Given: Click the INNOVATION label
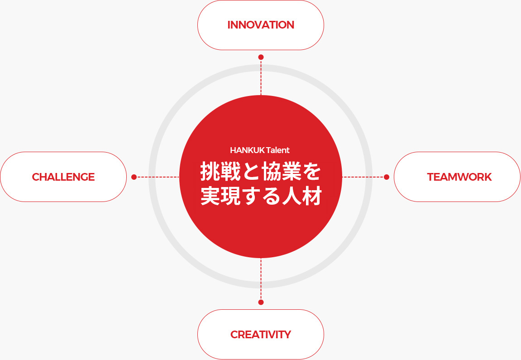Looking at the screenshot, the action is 261,25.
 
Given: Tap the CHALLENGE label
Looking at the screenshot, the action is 63,177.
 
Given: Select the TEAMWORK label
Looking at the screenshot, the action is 459,177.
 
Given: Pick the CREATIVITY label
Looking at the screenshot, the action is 261,334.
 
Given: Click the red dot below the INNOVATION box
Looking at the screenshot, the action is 261,57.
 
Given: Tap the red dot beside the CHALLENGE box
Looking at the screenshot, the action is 134,177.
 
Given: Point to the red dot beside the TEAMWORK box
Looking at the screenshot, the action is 387,177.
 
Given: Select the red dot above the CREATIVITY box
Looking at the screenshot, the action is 261,302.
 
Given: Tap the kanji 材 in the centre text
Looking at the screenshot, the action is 312,196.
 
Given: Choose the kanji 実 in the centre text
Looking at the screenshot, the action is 210,196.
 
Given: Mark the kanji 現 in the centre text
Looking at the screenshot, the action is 230,196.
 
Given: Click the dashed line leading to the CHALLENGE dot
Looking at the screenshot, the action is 158,177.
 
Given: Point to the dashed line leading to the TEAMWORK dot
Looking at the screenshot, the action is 363,177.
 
